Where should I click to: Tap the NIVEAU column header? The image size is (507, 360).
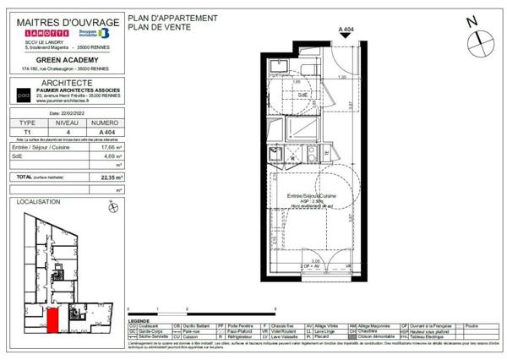tap(67, 123)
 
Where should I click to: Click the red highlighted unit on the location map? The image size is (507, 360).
tap(52, 320)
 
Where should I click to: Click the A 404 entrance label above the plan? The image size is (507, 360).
tap(346, 30)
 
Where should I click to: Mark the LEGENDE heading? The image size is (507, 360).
tap(140, 322)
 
